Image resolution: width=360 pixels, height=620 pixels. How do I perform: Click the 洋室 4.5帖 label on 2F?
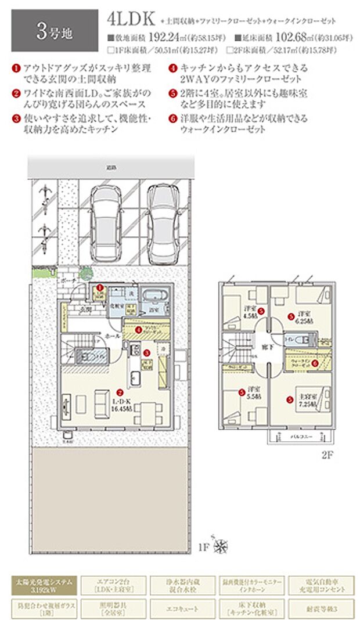[x=250, y=312]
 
